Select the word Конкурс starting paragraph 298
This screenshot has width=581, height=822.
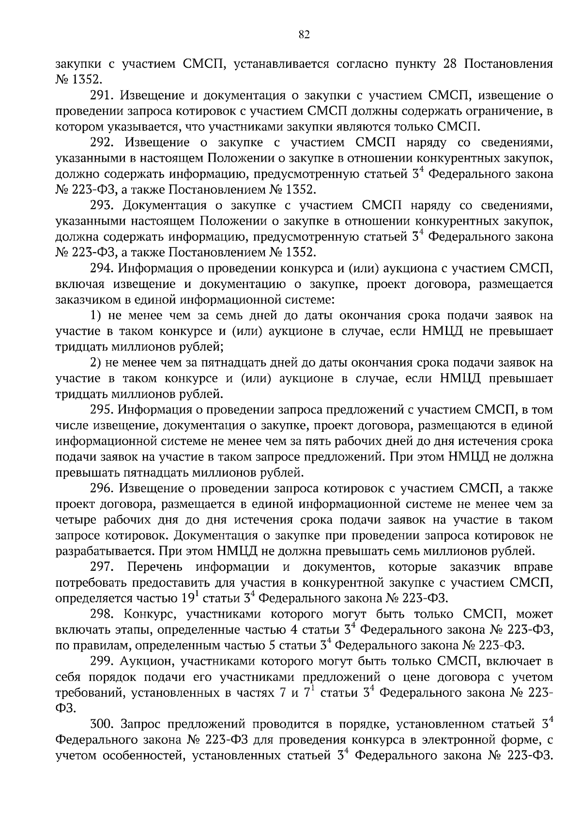(x=145, y=614)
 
